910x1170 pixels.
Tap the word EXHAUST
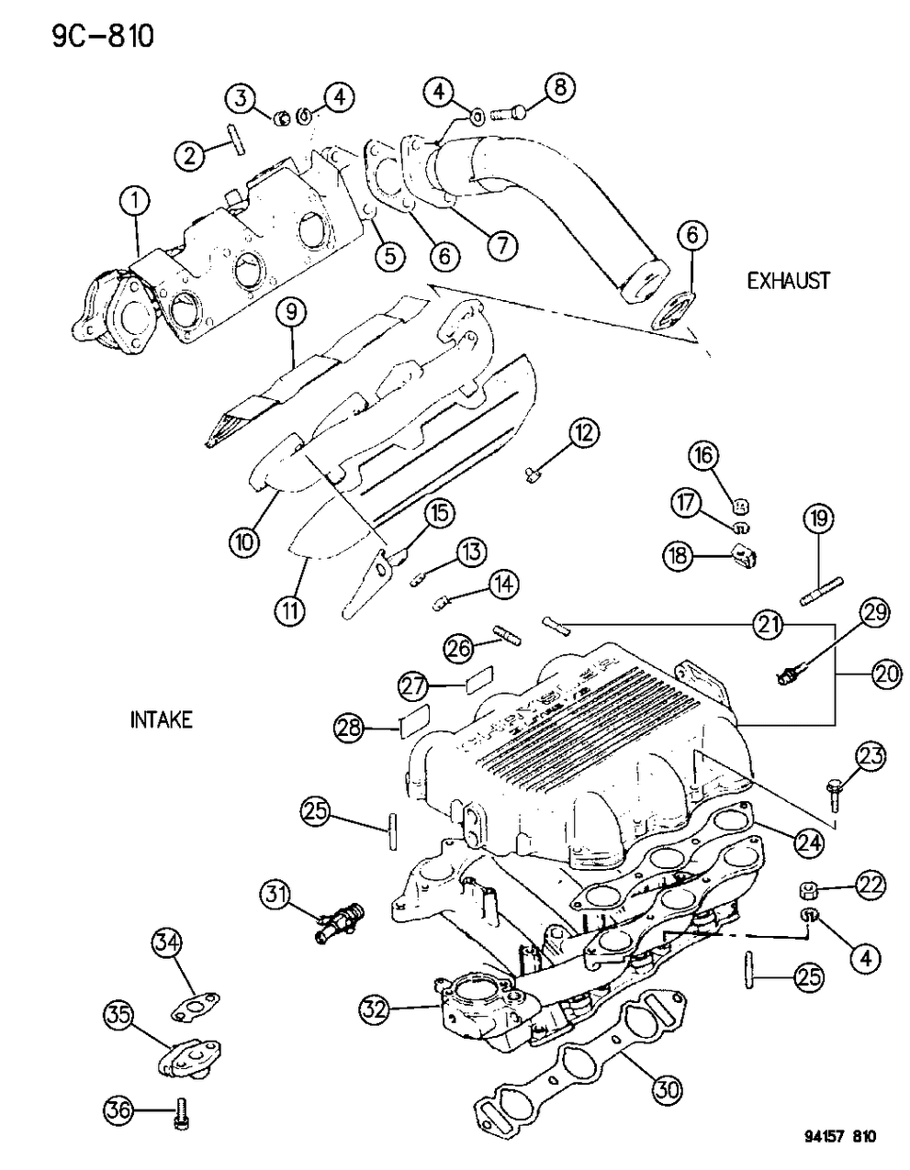point(788,280)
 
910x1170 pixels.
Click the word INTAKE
point(162,720)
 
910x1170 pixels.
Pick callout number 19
point(819,519)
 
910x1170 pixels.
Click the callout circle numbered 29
point(874,613)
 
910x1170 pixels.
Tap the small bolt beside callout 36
point(180,1115)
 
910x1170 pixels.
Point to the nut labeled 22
point(808,889)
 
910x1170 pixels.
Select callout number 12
point(584,431)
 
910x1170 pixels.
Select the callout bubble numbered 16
point(733,455)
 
